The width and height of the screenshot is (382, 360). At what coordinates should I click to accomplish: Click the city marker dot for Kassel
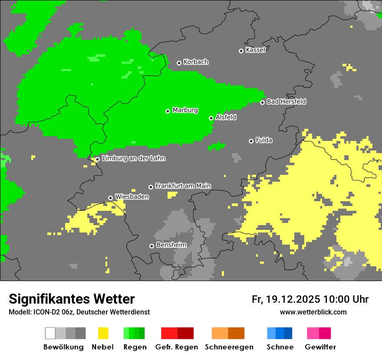(241, 51)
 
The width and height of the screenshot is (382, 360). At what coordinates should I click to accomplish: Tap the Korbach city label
(196, 62)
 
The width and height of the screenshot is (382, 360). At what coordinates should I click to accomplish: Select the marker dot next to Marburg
(168, 111)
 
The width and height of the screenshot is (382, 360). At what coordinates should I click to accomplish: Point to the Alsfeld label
(226, 117)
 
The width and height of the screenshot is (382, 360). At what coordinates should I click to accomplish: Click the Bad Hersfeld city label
(286, 101)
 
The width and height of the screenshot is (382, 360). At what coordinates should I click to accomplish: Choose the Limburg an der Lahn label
(133, 158)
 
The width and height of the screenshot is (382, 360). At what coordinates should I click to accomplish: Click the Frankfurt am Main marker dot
(151, 187)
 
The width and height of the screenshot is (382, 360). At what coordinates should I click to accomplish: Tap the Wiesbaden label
(132, 196)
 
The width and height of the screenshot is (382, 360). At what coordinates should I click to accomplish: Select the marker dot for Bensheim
(151, 246)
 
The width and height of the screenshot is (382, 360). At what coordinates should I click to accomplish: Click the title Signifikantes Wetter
(72, 299)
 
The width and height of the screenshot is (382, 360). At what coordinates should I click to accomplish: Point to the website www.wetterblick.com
(313, 312)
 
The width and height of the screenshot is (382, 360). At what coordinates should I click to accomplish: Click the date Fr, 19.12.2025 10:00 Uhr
(310, 299)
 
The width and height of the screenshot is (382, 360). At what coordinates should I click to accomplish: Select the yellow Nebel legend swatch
(103, 333)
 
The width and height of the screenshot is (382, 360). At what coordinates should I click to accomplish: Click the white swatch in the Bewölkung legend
(50, 333)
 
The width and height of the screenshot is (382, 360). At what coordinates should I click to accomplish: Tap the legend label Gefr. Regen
(177, 347)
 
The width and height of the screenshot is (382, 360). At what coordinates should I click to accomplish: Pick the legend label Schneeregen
(229, 347)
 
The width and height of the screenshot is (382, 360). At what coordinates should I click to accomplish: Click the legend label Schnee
(280, 347)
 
